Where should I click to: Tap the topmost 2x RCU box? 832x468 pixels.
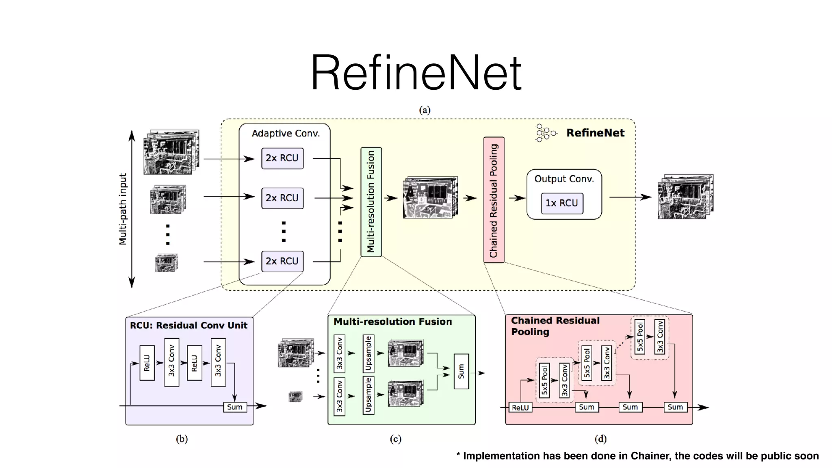[282, 158]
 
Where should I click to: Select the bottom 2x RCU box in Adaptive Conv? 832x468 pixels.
[282, 261]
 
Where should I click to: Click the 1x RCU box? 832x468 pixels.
[562, 203]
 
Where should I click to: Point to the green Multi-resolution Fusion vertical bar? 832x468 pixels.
[371, 202]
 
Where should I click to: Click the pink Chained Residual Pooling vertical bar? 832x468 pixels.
[494, 200]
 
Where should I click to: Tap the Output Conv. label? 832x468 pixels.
[564, 179]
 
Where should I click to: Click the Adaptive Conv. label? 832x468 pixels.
[286, 133]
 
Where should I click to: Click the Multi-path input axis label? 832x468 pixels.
[123, 209]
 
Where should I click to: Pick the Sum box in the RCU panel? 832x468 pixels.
[235, 407]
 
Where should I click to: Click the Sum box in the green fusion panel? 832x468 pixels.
[461, 371]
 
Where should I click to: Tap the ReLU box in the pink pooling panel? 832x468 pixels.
[520, 407]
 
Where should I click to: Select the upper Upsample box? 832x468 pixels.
[368, 353]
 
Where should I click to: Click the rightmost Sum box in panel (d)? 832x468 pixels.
[675, 407]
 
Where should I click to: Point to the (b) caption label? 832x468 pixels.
[182, 439]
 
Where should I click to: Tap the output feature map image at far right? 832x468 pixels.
[685, 197]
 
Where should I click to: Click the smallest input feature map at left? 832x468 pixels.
[167, 262]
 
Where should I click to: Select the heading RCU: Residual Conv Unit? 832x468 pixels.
[188, 325]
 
